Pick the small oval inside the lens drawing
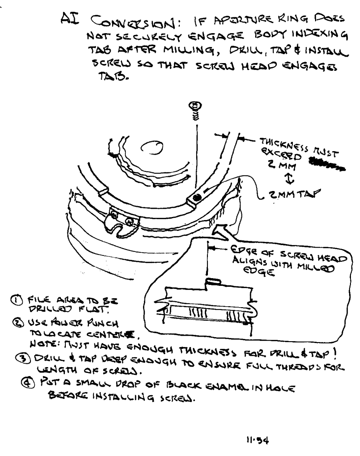(x=155, y=147)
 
